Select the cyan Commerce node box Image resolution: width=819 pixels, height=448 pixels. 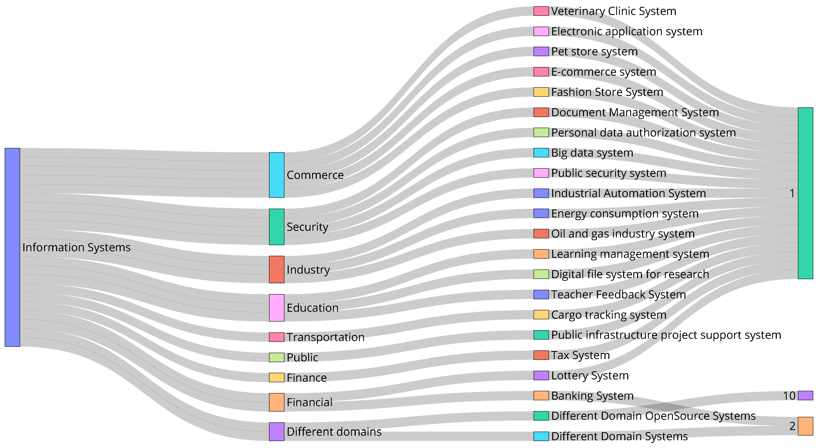(277, 175)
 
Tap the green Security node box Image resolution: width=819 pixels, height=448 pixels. (277, 227)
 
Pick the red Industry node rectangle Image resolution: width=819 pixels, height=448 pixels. (277, 269)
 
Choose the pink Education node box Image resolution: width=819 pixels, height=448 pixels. (277, 307)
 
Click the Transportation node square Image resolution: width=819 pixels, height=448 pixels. (277, 337)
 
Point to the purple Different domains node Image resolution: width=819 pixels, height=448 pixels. (277, 431)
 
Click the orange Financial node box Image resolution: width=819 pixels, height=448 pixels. (277, 402)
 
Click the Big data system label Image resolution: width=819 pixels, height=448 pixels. (592, 153)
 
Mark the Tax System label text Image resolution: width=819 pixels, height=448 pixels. (580, 355)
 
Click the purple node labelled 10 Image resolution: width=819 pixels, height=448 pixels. (805, 396)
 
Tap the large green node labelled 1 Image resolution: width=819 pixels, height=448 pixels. (805, 193)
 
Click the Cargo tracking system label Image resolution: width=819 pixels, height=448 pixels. (609, 315)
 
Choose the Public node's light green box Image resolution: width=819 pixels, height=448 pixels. (277, 357)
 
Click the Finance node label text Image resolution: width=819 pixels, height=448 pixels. (307, 378)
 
